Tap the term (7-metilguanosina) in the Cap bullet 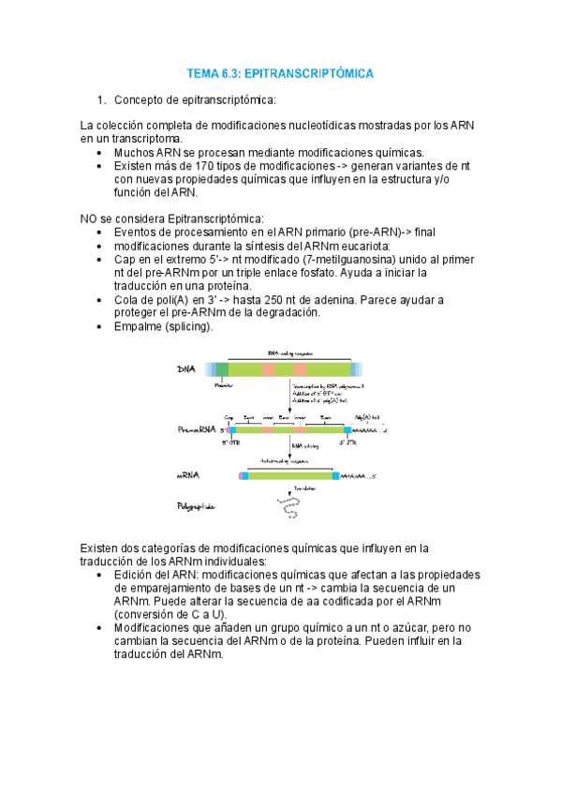click(x=371, y=260)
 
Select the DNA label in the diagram click(x=187, y=368)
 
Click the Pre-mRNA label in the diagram click(x=196, y=429)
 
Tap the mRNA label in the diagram click(x=188, y=475)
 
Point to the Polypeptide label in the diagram click(x=197, y=507)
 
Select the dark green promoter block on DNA click(x=222, y=368)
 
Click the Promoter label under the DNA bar click(x=225, y=384)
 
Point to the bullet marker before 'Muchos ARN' click(x=100, y=152)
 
